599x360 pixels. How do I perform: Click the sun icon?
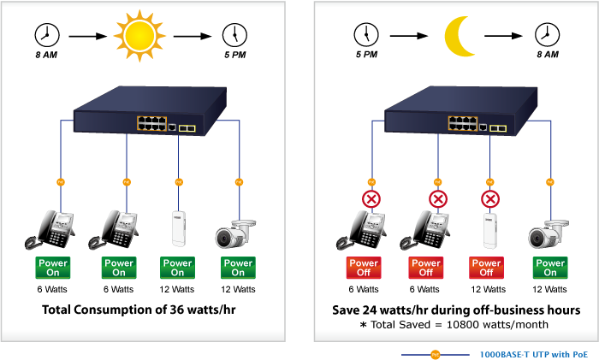(137, 35)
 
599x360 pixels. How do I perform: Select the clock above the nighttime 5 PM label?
(365, 35)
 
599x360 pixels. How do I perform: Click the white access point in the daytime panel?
(178, 228)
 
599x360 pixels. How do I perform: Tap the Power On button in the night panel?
(549, 268)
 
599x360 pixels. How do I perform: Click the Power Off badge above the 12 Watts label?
(487, 268)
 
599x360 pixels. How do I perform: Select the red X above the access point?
(490, 200)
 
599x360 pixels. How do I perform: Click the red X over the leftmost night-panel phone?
(371, 200)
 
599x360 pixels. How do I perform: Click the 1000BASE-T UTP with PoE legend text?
(533, 352)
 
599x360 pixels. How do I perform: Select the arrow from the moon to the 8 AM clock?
(502, 37)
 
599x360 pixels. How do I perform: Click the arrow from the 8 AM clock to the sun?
(87, 37)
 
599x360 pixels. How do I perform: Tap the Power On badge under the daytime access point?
(177, 268)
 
